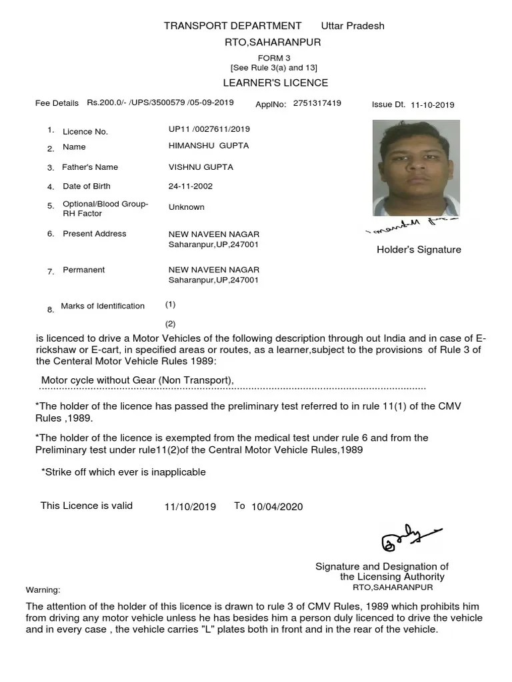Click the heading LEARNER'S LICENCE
pos(275,83)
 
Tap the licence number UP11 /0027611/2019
pos(209,129)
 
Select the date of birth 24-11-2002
pos(191,186)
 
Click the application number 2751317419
pos(317,103)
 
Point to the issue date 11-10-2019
pos(432,105)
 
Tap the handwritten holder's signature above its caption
pos(412,227)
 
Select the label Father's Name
pos(90,167)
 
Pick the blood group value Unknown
pos(187,207)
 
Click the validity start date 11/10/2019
pos(190,507)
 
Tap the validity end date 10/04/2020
pos(277,507)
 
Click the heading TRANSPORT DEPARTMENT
pos(233,26)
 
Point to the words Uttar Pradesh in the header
pos(353,26)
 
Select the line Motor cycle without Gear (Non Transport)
pos(137,380)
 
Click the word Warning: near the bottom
pos(43,590)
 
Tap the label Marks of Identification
pos(103,306)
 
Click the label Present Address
pos(94,234)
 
